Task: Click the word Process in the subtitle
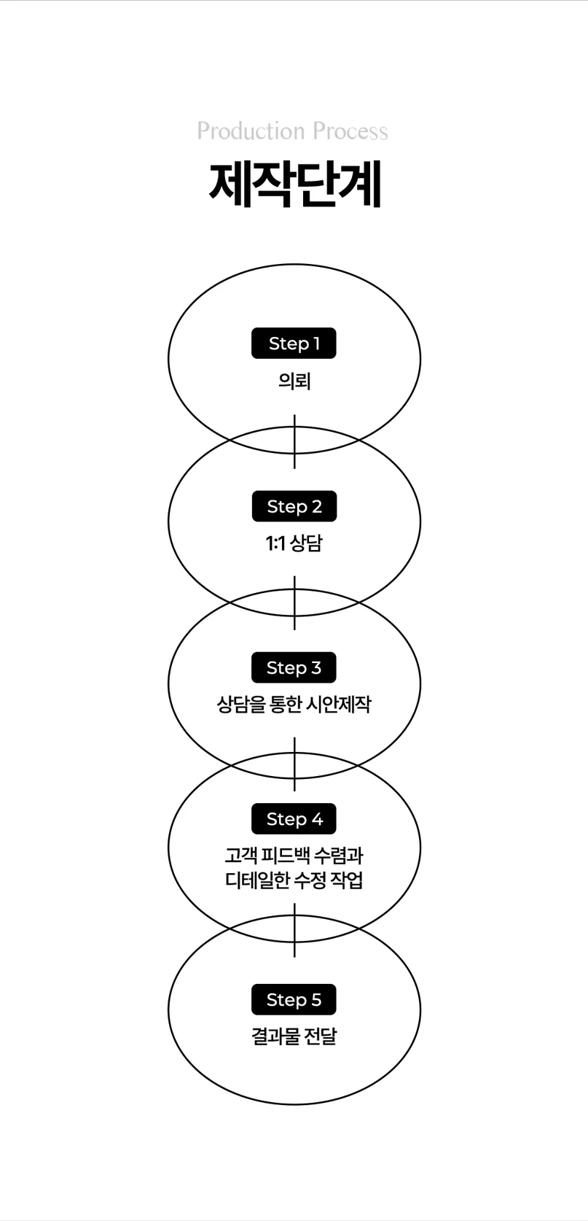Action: [x=350, y=131]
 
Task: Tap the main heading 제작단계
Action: [x=294, y=185]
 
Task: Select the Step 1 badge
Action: [x=294, y=344]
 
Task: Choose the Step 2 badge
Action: [x=294, y=506]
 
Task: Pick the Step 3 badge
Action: [x=294, y=667]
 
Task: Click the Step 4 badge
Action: [x=294, y=819]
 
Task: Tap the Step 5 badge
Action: [x=294, y=999]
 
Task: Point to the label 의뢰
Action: [x=294, y=381]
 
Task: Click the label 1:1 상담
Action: [x=294, y=543]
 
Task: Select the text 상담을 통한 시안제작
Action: [x=294, y=705]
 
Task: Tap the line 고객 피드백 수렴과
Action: [x=294, y=855]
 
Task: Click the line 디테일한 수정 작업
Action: [x=294, y=880]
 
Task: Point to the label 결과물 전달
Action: [x=294, y=1036]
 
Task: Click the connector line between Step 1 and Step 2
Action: [x=294, y=441]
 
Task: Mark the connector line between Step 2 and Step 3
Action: [x=294, y=602]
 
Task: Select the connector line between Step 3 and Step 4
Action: [x=294, y=764]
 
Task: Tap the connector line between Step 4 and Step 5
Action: [x=294, y=930]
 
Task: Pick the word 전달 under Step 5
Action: [x=321, y=1036]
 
